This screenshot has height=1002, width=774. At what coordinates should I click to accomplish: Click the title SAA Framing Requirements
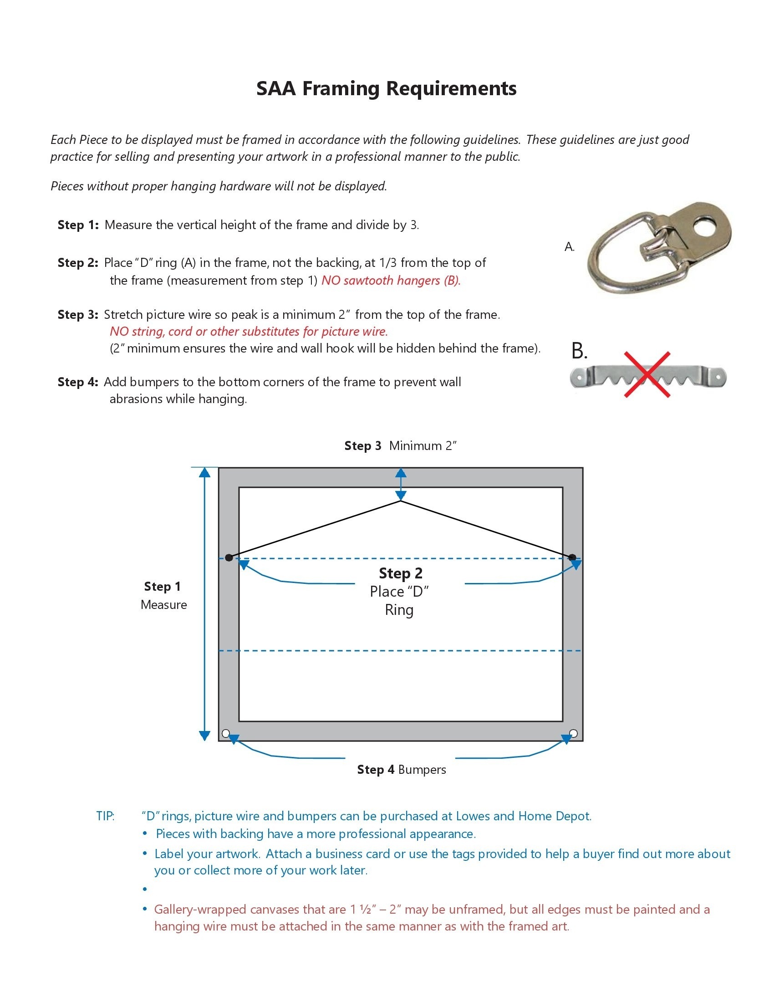pyautogui.click(x=386, y=88)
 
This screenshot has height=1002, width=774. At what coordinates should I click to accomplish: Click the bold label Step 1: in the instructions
pyautogui.click(x=78, y=225)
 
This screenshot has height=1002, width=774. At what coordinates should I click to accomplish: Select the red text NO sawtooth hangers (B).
pyautogui.click(x=391, y=280)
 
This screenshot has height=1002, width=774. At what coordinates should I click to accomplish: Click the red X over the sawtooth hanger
pyautogui.click(x=647, y=374)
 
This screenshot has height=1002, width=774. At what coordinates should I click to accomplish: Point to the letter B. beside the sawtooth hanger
pyautogui.click(x=579, y=351)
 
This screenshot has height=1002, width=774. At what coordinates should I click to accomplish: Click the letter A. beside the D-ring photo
pyautogui.click(x=569, y=247)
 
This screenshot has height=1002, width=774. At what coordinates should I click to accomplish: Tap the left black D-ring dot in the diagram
pyautogui.click(x=229, y=557)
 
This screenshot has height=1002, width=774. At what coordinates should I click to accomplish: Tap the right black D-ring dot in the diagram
pyautogui.click(x=572, y=557)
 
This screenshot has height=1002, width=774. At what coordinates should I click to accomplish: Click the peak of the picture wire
pyautogui.click(x=401, y=501)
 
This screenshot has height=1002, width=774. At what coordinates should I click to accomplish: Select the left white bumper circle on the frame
pyautogui.click(x=225, y=733)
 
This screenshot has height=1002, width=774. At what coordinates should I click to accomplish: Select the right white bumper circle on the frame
pyautogui.click(x=573, y=733)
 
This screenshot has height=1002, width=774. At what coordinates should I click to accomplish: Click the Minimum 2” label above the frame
pyautogui.click(x=423, y=445)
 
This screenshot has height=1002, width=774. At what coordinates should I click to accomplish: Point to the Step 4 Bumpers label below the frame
pyautogui.click(x=401, y=769)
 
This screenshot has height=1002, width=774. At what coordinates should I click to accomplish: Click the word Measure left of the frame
pyautogui.click(x=164, y=605)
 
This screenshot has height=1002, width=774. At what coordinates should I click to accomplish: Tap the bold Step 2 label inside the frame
pyautogui.click(x=401, y=573)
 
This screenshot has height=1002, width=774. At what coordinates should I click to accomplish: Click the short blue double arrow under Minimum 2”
pyautogui.click(x=401, y=485)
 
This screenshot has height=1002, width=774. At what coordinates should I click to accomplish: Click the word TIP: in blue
pyautogui.click(x=106, y=816)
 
